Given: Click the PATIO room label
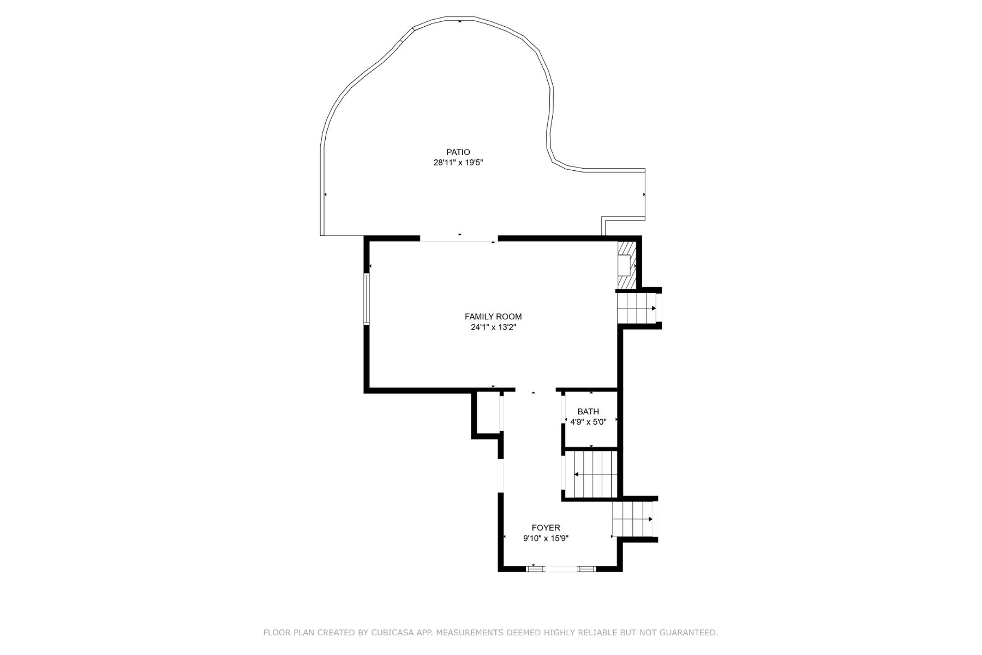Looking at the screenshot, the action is [x=458, y=152].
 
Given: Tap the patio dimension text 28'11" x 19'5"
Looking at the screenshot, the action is [x=458, y=163].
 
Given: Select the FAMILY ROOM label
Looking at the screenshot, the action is [x=493, y=317].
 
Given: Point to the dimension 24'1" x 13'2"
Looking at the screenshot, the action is [x=493, y=327].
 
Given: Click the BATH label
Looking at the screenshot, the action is [x=588, y=412].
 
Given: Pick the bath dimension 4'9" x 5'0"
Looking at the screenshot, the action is [x=588, y=422].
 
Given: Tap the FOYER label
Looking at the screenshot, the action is [x=546, y=528].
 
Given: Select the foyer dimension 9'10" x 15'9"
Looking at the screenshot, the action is [x=546, y=538].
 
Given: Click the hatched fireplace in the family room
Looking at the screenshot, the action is [x=627, y=265].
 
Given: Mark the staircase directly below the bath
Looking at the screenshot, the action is [x=591, y=474].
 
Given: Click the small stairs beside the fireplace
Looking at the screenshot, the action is [x=637, y=308].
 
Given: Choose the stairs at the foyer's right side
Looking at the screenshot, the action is [x=633, y=519].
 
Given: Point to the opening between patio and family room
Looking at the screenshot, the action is [x=459, y=239].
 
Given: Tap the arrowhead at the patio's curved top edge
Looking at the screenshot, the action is [x=460, y=21].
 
